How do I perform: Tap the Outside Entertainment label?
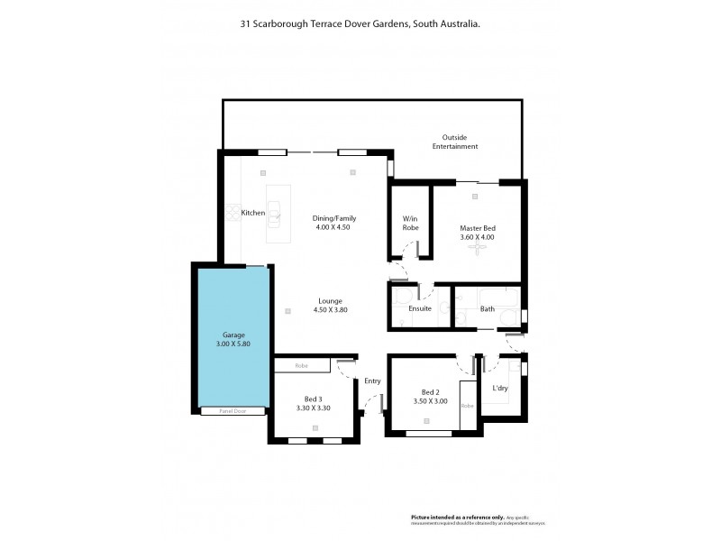[x=453, y=142]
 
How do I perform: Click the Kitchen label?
[x=252, y=213]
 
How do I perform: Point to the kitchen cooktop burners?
[x=230, y=214]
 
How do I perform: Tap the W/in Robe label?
[x=410, y=224]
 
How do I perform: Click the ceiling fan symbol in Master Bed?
[x=477, y=252]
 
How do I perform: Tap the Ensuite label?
[x=420, y=309]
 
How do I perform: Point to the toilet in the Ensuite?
[x=402, y=298]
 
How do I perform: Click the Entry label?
[x=372, y=381]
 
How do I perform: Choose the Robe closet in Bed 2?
[x=468, y=406]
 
